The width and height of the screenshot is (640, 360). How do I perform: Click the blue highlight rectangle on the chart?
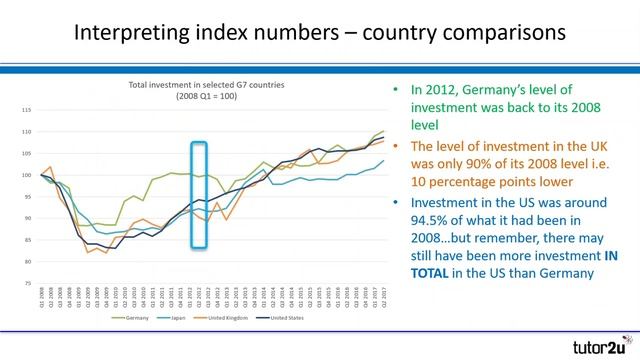[199, 194]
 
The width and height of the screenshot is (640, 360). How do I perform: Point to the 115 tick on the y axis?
[27, 109]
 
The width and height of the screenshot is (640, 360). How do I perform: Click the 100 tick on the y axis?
[27, 175]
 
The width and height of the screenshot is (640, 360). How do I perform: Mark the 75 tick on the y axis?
[28, 284]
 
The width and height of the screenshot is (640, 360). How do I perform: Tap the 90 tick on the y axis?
[28, 219]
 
